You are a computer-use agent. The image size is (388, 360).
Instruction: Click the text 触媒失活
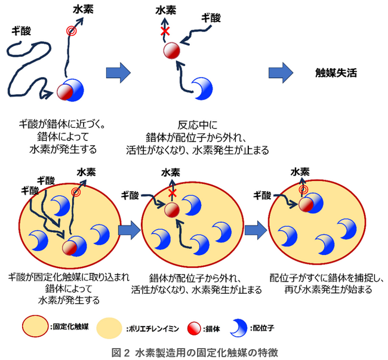tap(337, 74)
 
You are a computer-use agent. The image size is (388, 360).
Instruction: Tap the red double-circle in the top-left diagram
tap(72, 31)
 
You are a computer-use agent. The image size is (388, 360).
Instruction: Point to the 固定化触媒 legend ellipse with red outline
tap(35, 327)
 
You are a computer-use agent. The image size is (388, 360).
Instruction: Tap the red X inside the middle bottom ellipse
tap(173, 193)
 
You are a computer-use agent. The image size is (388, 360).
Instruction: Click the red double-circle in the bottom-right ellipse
tap(303, 190)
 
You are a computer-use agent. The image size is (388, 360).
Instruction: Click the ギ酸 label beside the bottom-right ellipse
tap(263, 195)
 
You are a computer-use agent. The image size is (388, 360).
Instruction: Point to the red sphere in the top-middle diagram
tap(172, 50)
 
